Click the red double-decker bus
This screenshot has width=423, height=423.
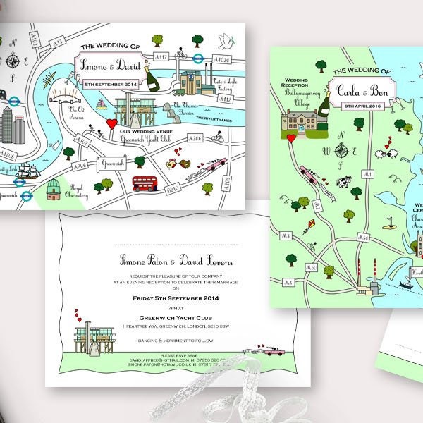pyautogui.click(x=147, y=183)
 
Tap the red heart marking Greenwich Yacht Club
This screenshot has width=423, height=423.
pyautogui.click(x=110, y=124)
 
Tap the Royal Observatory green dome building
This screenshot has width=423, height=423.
pyautogui.click(x=54, y=192)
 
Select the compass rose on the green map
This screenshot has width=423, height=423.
pyautogui.click(x=343, y=150)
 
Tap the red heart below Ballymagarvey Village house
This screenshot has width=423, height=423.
pyautogui.click(x=290, y=138)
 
